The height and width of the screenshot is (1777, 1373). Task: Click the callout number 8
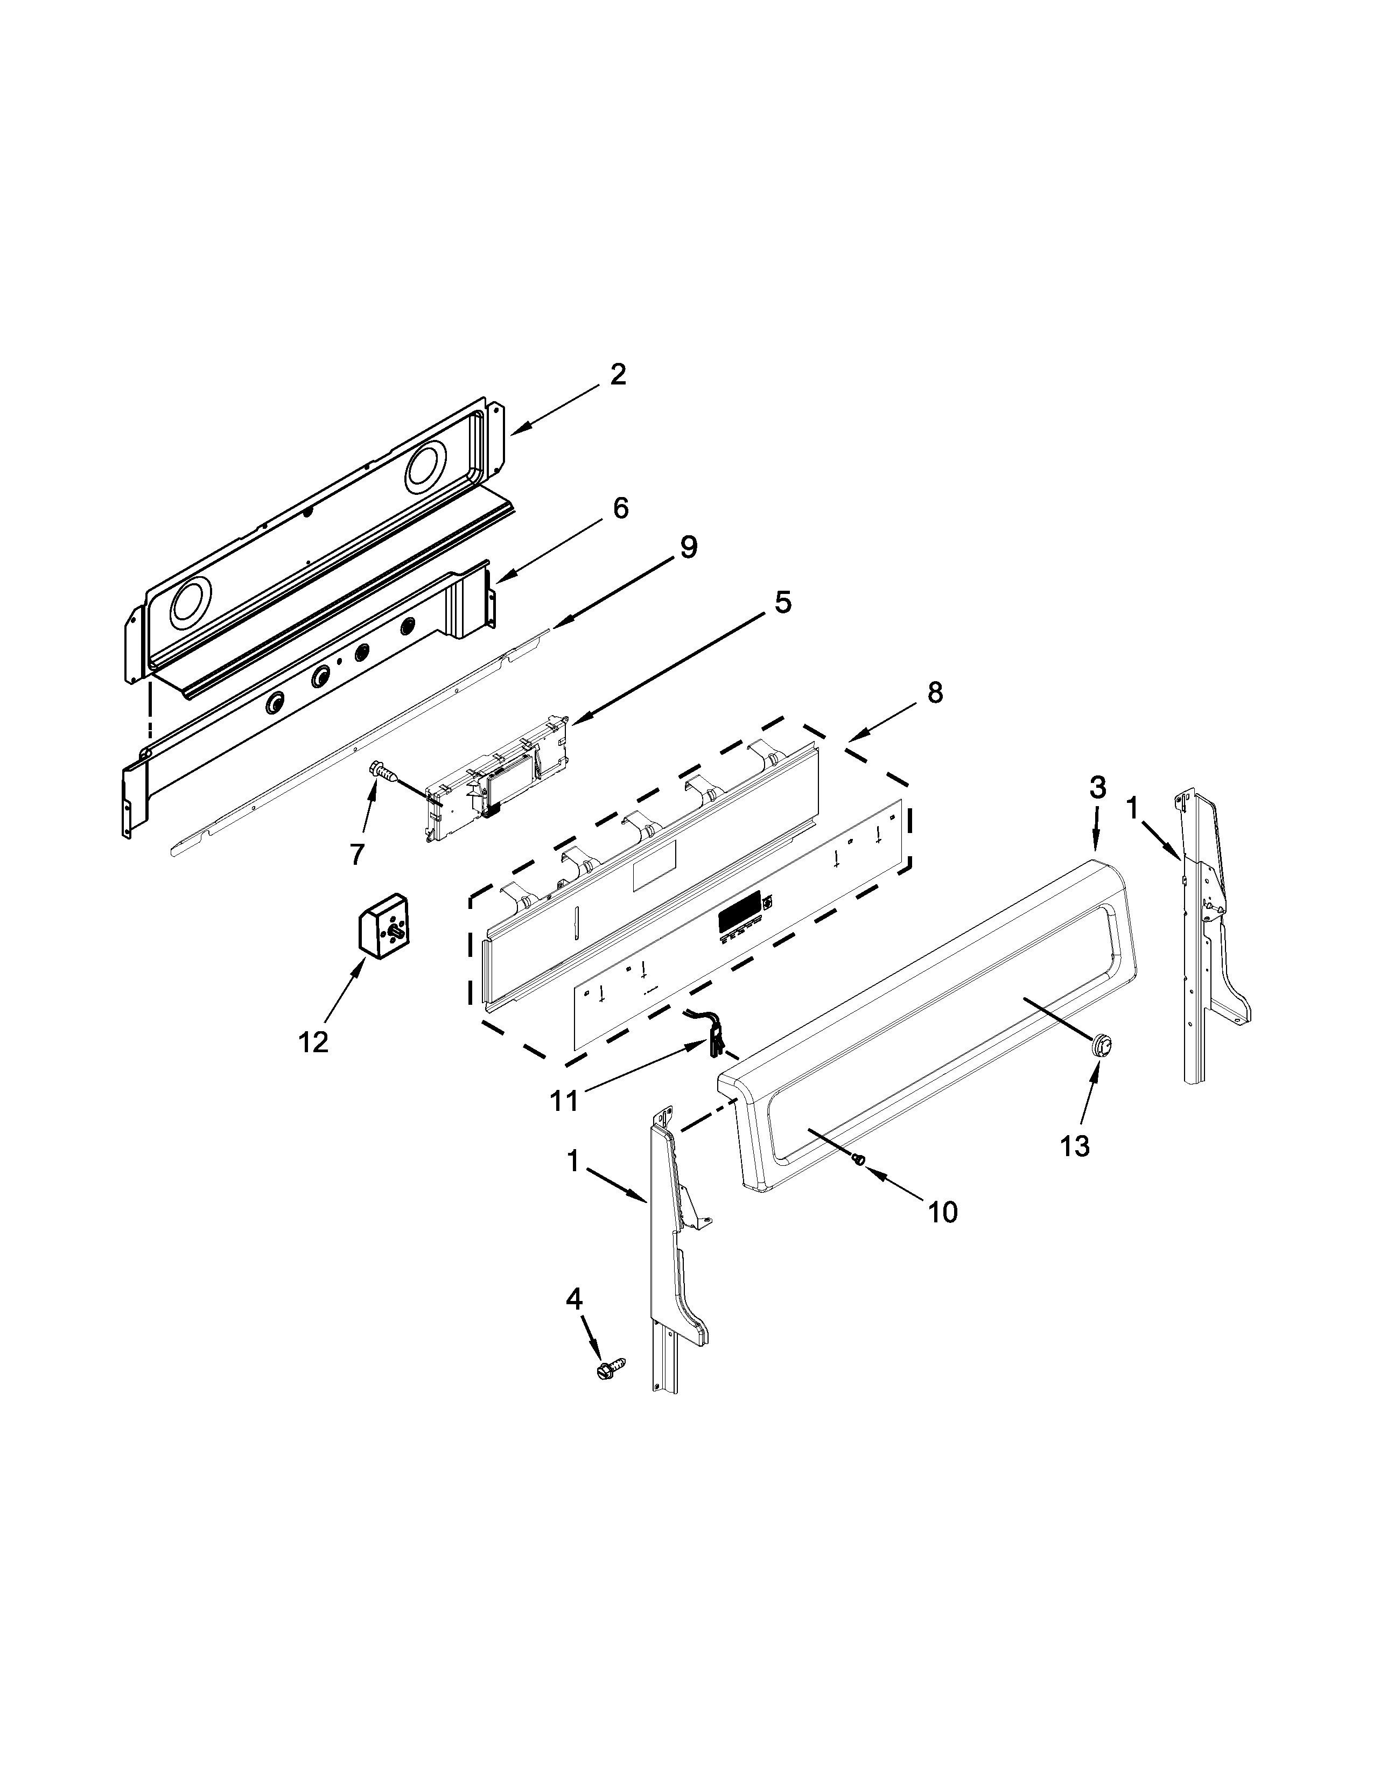pos(935,692)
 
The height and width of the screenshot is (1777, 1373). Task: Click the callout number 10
pos(943,1235)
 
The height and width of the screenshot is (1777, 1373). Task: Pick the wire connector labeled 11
pos(712,1033)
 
